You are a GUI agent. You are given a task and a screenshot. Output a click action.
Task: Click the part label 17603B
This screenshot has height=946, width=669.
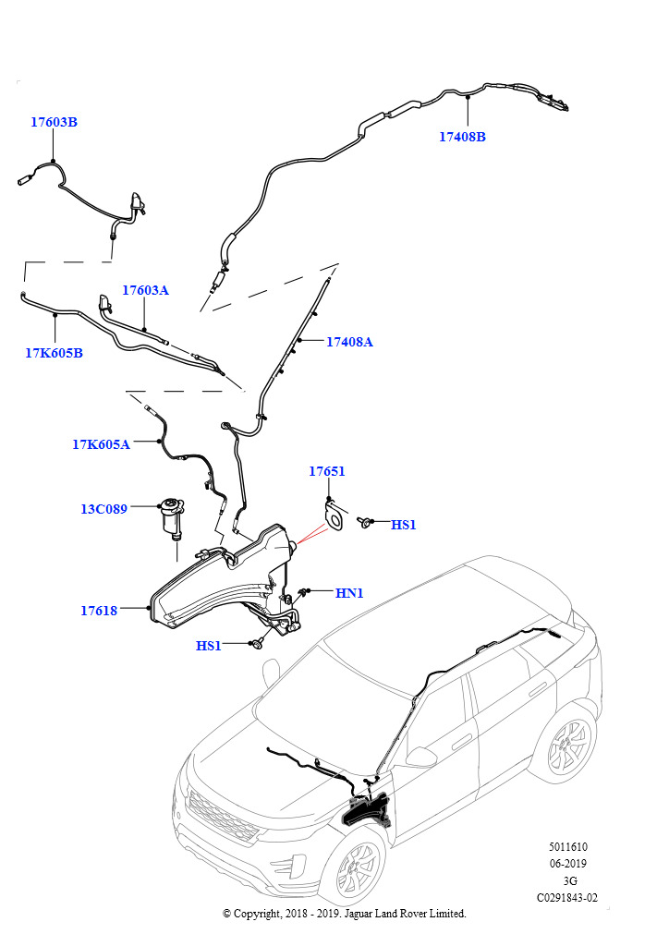tap(55, 122)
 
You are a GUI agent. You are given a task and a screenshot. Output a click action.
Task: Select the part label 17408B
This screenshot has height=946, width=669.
tap(462, 137)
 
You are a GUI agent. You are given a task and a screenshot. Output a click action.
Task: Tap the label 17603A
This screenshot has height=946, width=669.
tap(145, 290)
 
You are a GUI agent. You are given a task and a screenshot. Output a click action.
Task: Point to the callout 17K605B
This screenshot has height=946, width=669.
tap(54, 354)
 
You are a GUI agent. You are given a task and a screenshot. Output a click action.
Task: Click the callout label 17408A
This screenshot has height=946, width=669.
tap(350, 342)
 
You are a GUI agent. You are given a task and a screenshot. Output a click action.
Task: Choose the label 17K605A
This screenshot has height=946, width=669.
tap(102, 444)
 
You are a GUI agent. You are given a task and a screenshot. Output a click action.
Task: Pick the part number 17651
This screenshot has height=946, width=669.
tap(327, 471)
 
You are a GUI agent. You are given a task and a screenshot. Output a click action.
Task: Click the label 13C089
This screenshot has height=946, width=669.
tap(103, 509)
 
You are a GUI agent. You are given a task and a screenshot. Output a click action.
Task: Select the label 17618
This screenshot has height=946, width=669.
tap(99, 612)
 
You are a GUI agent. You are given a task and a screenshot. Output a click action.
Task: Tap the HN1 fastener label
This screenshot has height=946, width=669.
tap(349, 594)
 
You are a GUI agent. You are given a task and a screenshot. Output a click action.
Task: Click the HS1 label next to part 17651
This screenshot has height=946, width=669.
tap(404, 525)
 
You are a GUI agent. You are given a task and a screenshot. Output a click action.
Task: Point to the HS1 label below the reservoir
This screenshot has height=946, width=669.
tap(209, 646)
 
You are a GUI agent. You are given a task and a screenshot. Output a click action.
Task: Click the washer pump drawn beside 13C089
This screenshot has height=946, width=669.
tap(171, 518)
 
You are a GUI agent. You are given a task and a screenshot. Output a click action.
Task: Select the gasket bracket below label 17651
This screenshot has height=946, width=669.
tap(334, 516)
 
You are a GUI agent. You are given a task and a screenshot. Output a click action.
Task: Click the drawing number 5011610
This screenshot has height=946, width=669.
tap(567, 847)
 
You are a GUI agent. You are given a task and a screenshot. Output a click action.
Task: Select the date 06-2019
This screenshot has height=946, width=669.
tap(567, 864)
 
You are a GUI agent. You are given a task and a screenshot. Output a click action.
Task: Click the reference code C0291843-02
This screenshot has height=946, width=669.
tap(567, 898)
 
